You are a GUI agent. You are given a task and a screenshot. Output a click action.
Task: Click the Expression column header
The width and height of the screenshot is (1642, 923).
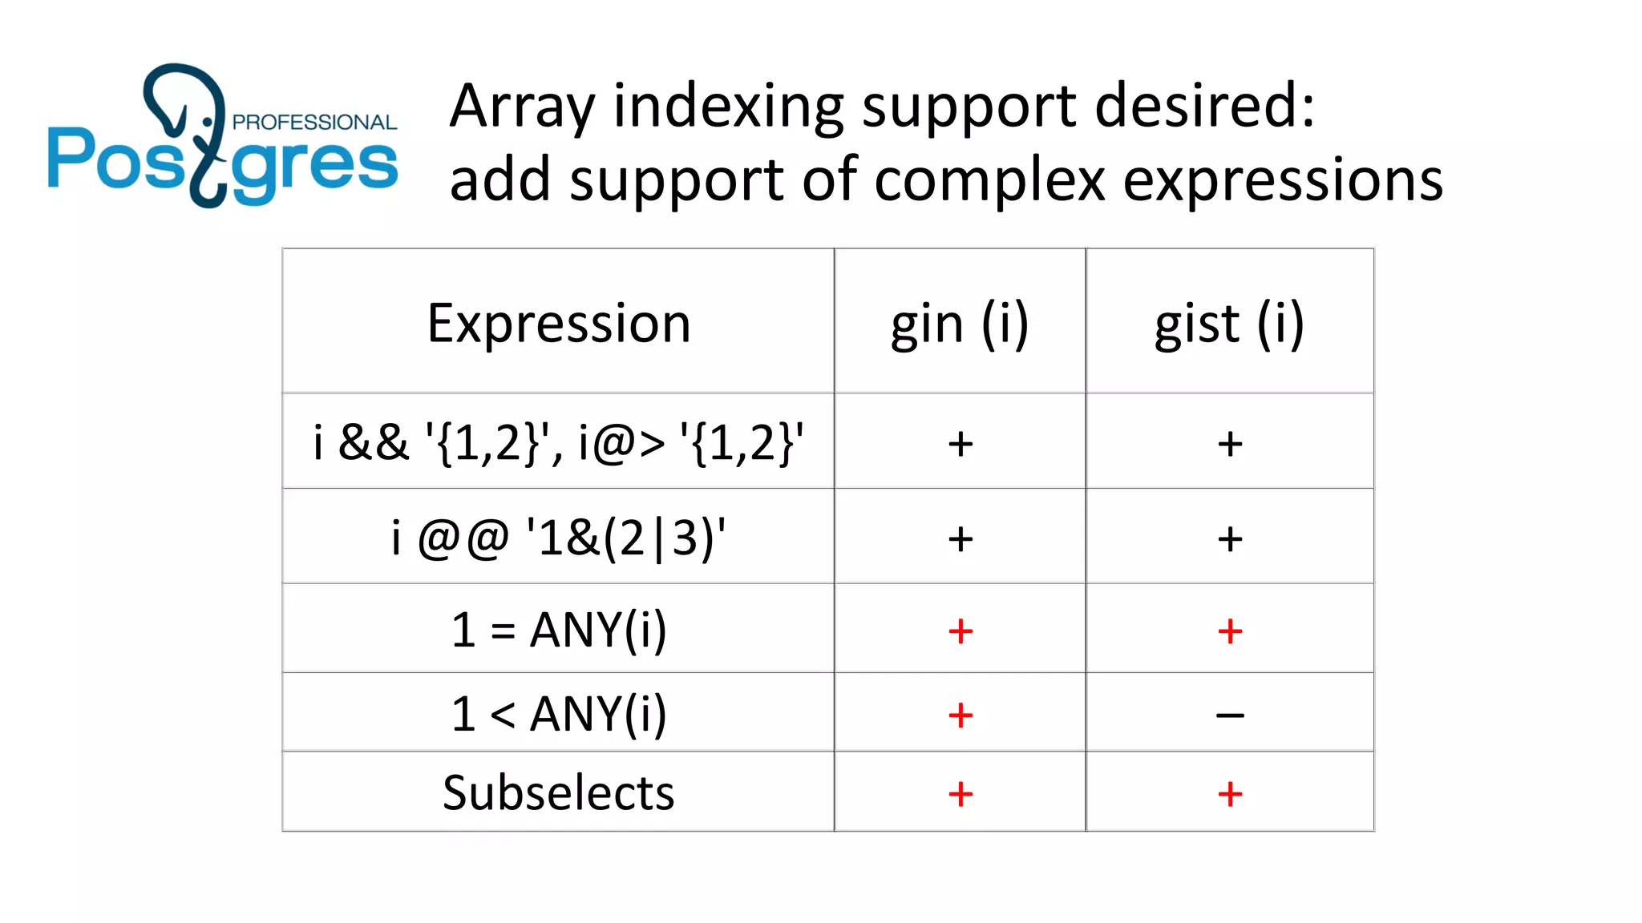(x=559, y=324)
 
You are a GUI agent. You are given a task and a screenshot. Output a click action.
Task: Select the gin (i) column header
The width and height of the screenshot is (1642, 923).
(x=960, y=324)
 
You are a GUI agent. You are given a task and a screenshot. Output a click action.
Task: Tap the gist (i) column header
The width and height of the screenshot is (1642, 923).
(x=1229, y=324)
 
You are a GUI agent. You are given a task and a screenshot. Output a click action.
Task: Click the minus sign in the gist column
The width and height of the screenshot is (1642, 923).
(x=1230, y=715)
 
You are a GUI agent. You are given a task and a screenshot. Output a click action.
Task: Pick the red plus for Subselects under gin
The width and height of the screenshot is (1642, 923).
(x=961, y=794)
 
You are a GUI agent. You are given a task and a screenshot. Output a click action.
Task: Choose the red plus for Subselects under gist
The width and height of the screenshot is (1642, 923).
(x=1230, y=794)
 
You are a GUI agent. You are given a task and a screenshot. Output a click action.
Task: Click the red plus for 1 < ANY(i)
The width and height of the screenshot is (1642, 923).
(x=961, y=715)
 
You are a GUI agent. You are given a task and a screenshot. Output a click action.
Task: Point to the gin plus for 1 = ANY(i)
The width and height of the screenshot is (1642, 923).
(x=961, y=631)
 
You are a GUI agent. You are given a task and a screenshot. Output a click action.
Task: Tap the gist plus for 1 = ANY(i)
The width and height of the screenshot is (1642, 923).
(x=1230, y=631)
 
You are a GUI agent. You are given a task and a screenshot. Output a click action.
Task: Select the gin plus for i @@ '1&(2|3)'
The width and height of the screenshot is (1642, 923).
(x=961, y=538)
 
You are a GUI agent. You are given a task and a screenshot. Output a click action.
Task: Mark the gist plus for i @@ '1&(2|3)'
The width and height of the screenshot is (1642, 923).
(x=1230, y=538)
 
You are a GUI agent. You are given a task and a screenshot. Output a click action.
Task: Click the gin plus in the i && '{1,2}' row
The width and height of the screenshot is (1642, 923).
(x=961, y=443)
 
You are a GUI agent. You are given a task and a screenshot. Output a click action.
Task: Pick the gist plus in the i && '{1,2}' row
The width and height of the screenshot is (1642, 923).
(x=1230, y=443)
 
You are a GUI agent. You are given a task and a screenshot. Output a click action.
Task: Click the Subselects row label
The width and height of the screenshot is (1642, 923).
(x=558, y=793)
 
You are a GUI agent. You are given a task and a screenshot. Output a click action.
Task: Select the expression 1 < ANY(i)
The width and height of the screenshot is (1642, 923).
(x=558, y=713)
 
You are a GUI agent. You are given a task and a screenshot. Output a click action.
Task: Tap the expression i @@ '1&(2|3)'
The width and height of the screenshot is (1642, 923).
(x=558, y=538)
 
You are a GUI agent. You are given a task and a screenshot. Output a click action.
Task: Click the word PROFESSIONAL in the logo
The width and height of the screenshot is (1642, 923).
(x=314, y=123)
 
